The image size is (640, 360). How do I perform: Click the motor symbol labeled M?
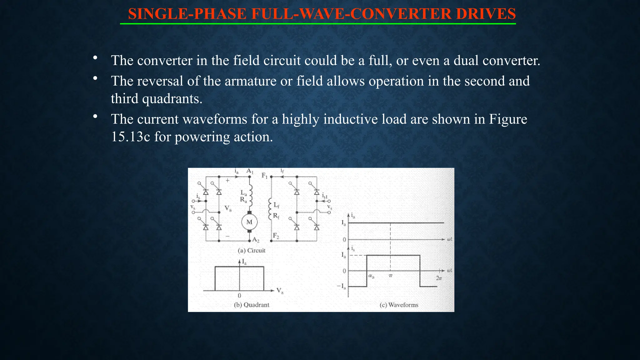[249, 222]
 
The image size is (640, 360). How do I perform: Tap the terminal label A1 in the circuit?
[250, 171]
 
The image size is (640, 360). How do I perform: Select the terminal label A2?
[256, 240]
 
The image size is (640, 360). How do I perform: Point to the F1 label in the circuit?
[265, 176]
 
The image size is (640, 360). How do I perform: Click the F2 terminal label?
[276, 236]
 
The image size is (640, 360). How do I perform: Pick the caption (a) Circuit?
[252, 250]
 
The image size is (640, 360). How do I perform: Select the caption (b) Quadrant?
[252, 305]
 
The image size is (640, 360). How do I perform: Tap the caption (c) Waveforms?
[399, 305]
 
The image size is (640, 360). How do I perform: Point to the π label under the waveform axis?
[391, 276]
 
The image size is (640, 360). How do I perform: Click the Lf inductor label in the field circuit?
[277, 205]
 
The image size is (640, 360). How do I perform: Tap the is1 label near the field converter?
[325, 196]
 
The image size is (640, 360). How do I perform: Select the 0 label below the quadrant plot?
[239, 295]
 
